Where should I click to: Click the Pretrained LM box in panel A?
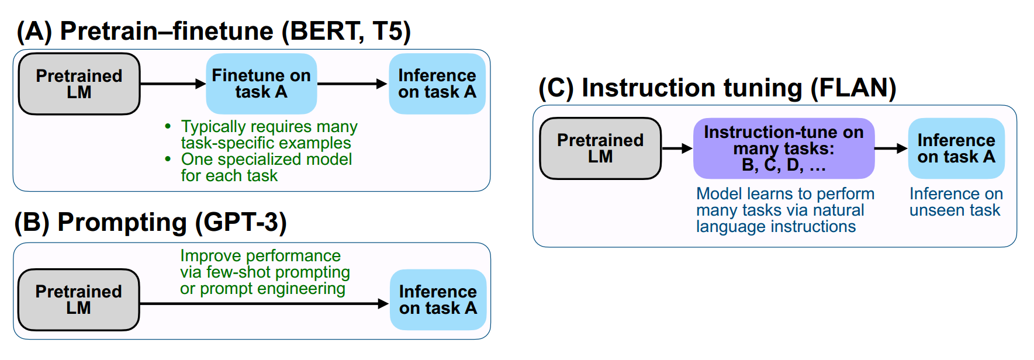(x=79, y=84)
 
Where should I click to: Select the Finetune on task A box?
(x=261, y=84)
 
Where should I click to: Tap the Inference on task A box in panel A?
(x=437, y=84)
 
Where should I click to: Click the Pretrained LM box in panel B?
(x=78, y=300)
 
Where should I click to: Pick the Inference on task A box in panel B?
(x=438, y=300)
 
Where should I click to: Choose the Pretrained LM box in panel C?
(x=600, y=148)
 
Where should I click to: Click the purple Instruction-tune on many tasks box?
(x=783, y=148)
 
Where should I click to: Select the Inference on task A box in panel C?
(x=956, y=148)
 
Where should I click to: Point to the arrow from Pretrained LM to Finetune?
(x=172, y=84)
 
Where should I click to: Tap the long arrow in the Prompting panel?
(x=263, y=304)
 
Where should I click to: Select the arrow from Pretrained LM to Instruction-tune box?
(x=677, y=149)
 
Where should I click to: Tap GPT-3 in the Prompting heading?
(x=240, y=223)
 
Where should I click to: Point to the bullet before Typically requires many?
(x=168, y=126)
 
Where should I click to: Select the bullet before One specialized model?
(x=168, y=159)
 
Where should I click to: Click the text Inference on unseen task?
(x=956, y=202)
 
